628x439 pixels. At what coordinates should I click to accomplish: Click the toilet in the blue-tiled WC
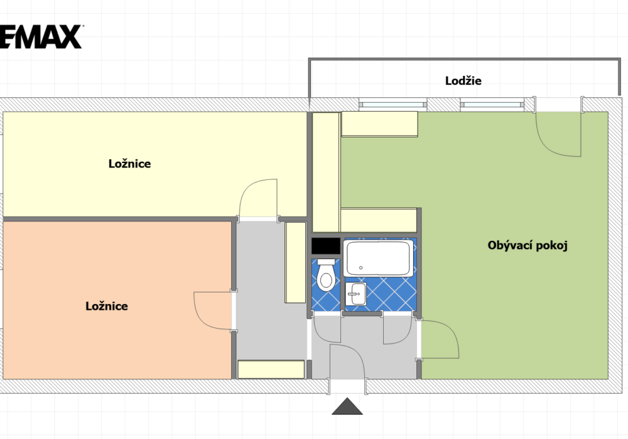(326, 275)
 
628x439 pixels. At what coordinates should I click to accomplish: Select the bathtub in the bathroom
(378, 258)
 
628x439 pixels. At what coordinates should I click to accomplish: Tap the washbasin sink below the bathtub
(355, 294)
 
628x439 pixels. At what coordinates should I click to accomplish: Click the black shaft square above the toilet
(325, 246)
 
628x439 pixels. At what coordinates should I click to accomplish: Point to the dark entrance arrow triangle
(347, 406)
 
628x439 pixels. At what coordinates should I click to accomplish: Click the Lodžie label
(463, 81)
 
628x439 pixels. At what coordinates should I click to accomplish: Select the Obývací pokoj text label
(528, 245)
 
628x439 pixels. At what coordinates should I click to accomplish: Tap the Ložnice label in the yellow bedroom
(130, 164)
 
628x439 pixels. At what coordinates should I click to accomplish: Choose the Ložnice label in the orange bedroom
(107, 306)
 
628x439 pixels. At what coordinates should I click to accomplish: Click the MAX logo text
(40, 37)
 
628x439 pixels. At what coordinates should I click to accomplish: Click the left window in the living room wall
(392, 105)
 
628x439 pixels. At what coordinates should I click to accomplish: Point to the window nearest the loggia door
(492, 105)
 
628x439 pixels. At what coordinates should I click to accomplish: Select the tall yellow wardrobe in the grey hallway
(295, 262)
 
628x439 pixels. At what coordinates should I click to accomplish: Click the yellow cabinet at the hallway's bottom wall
(271, 369)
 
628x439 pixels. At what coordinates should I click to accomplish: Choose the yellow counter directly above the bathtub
(379, 220)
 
